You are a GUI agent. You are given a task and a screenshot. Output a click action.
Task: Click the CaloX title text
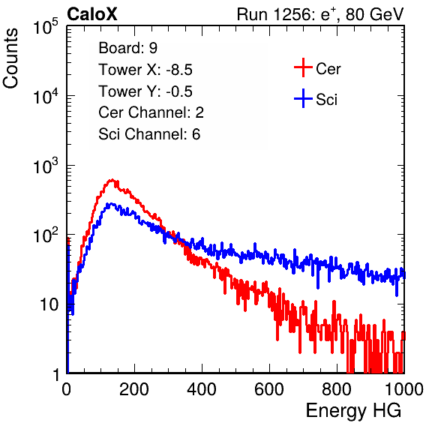pos(92,14)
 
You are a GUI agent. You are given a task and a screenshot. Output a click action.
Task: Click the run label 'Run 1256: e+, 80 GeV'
pos(320,14)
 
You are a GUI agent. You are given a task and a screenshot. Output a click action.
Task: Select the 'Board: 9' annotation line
pos(127,48)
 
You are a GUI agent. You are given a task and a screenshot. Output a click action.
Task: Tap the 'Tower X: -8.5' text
pos(145,70)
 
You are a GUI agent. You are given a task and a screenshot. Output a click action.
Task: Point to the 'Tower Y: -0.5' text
pos(145,91)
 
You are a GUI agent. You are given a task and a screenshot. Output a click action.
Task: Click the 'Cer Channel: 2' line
pos(151,112)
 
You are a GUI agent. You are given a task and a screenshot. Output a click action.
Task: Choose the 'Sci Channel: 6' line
pos(149,134)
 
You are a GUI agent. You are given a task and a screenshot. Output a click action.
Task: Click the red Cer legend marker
pos(303,67)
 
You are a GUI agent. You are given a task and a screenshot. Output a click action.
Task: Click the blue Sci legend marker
pos(303,99)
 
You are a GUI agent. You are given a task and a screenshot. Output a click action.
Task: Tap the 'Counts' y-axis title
pos(10,58)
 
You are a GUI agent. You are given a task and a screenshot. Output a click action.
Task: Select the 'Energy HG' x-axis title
pos(353,411)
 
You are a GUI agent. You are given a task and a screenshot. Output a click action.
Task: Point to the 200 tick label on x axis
pos(134,389)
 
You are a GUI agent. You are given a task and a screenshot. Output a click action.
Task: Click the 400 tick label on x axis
pos(202,389)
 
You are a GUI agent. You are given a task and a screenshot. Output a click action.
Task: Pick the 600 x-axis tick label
pos(269,389)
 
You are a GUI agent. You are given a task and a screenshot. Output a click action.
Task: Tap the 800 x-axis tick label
pos(337,389)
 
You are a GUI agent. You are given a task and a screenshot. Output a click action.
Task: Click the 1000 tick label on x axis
pos(403,389)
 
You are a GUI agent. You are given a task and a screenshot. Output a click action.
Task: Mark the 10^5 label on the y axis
pos(46,27)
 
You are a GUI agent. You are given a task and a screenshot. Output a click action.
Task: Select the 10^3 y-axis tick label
pos(46,166)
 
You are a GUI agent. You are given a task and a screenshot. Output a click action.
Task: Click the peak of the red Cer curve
pos(112,180)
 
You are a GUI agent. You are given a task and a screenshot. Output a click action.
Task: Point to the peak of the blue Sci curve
pos(110,204)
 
